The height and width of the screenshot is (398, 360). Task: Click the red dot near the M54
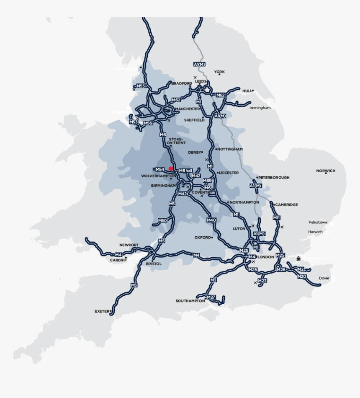pos(171,168)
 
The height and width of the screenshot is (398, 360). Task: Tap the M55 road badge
pos(141,86)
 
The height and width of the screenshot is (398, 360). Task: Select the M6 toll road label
pos(185,171)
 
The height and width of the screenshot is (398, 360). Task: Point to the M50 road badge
pos(162,220)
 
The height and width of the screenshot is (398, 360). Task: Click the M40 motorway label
pos(211,220)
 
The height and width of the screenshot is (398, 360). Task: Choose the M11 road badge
pos(276,217)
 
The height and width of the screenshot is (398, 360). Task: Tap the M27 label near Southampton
pos(211,297)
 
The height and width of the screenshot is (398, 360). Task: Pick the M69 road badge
pos(207,181)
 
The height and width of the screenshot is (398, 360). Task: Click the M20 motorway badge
pos(302,277)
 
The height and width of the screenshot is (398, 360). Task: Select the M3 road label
pos(213,280)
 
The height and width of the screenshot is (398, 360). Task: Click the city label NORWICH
pos(326,171)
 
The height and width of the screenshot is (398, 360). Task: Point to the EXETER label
pos(102,311)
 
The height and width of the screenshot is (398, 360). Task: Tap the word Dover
pos(324,278)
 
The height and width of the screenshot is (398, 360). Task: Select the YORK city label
pos(219,72)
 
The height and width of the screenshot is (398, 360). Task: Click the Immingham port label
pos(260,108)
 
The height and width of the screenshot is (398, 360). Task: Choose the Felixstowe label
pos(318,222)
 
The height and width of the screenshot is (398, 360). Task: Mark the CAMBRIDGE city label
pos(286,204)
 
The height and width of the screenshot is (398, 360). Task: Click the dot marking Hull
pos(253,90)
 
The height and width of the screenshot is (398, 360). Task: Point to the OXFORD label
pos(203,237)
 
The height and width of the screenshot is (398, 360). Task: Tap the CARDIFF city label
pos(118,260)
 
